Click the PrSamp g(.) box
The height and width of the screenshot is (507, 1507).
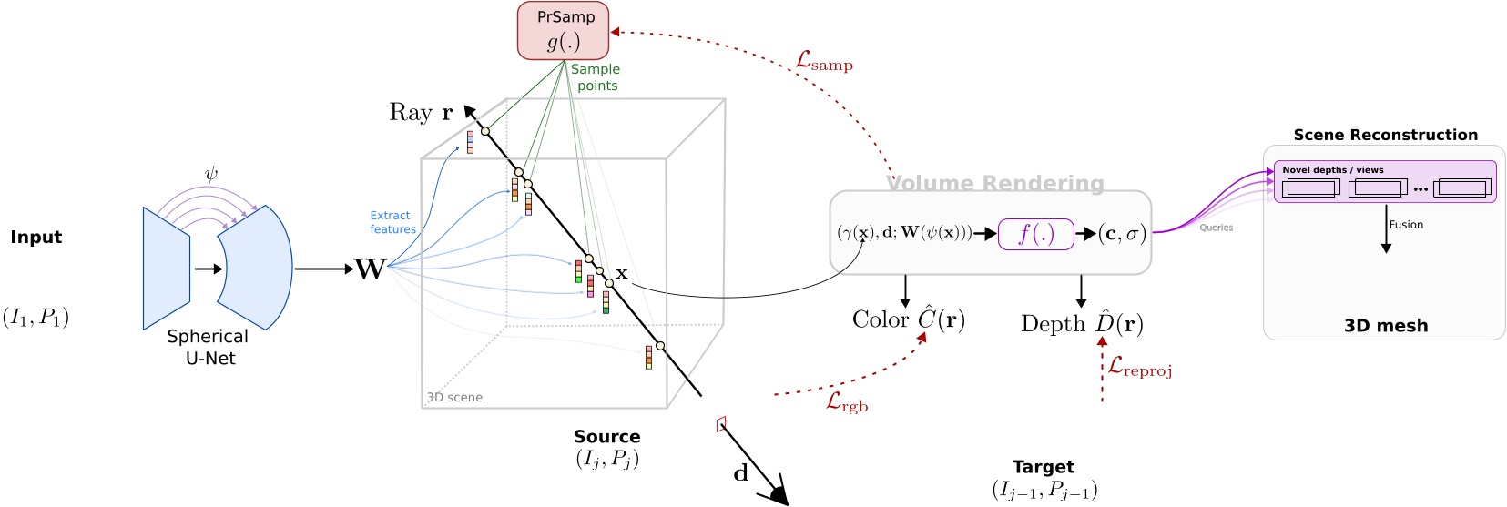(563, 31)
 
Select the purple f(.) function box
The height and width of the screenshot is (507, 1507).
(1035, 234)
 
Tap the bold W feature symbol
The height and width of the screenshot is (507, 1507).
(370, 269)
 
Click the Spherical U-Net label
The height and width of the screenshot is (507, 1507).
(209, 347)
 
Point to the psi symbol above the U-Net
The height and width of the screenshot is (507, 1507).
(211, 174)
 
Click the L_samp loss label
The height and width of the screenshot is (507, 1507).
(824, 62)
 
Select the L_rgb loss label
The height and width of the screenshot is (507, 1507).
(847, 402)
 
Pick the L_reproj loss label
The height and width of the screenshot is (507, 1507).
(1139, 367)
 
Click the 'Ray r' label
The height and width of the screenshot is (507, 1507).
(421, 113)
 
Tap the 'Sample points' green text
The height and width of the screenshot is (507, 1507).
(596, 77)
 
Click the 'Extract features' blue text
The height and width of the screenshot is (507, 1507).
(392, 222)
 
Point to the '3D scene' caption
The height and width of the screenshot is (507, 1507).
(455, 397)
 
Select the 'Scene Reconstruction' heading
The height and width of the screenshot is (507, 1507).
(1385, 135)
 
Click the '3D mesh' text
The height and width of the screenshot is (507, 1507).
(1385, 326)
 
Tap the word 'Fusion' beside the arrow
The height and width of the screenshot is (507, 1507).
(1406, 225)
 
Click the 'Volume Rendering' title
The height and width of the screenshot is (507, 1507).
(994, 184)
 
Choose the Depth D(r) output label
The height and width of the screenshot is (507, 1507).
(1082, 324)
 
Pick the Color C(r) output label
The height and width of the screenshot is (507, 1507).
(908, 319)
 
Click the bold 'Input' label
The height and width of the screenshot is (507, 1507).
(36, 238)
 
